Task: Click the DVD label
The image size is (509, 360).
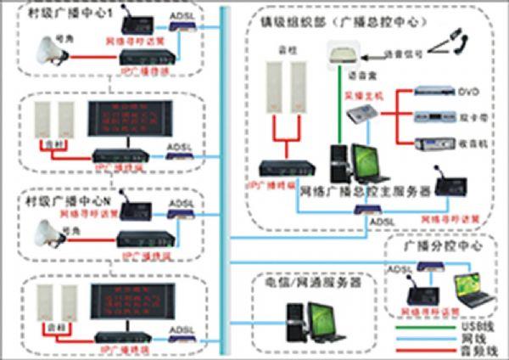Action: pyautogui.click(x=469, y=91)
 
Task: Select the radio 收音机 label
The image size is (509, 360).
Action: pyautogui.click(x=469, y=143)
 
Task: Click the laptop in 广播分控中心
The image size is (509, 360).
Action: pyautogui.click(x=474, y=290)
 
